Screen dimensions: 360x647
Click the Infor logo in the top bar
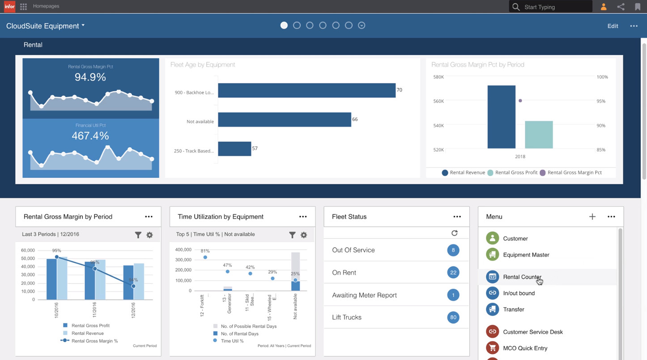9,6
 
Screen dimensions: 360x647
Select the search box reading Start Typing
555,7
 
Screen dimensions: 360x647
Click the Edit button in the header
613,26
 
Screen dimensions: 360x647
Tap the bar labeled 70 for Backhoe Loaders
306,90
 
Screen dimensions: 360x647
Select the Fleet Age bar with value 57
234,149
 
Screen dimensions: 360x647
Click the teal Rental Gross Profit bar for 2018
539,134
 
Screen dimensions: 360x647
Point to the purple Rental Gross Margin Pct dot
520,101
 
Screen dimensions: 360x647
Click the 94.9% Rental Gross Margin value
90,77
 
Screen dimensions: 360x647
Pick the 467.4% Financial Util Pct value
90,136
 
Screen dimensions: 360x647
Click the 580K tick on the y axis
438,77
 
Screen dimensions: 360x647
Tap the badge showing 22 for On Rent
453,272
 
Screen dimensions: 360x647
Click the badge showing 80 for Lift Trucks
453,317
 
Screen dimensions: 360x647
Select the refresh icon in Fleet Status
455,233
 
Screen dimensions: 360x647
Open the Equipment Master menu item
526,255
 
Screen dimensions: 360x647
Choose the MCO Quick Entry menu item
525,348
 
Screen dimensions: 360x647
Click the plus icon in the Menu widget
592,217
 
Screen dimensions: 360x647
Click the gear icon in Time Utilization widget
304,235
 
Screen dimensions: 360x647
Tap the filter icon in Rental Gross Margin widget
138,235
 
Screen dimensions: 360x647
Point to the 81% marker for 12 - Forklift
205,257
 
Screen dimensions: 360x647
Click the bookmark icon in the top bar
638,7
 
